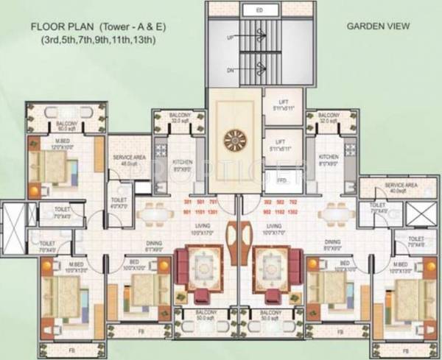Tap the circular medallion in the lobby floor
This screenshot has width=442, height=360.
tap(237, 138)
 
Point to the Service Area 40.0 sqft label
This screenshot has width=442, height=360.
tap(385, 188)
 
